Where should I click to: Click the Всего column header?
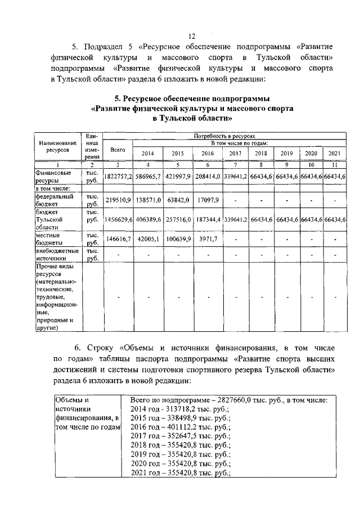coord(118,150)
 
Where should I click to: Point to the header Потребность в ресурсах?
coord(224,136)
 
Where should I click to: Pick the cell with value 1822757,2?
coord(118,177)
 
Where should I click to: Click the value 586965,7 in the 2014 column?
coord(148,177)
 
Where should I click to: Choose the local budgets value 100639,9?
coord(178,239)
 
